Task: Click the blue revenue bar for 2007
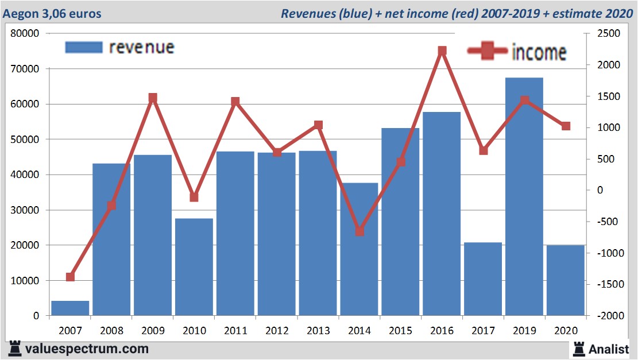[70, 308]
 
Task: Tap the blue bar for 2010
[194, 266]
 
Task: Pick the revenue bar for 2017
[483, 278]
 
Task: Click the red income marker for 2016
[442, 51]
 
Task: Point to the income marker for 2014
[359, 231]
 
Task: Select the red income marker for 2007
[70, 277]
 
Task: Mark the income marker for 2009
[153, 98]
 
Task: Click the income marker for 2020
[566, 126]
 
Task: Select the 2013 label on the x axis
[318, 331]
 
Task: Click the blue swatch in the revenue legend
[83, 47]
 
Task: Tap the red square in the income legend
[488, 52]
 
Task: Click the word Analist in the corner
[609, 349]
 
